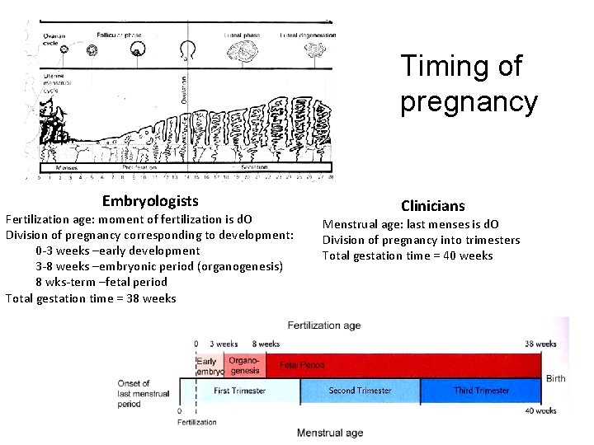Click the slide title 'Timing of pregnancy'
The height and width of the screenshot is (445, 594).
pos(469,84)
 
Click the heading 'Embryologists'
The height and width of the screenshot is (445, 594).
pos(150,201)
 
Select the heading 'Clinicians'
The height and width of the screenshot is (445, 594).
pos(433,206)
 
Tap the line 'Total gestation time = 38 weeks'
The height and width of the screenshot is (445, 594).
pos(91,298)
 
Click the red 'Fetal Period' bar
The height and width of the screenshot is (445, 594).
pos(396,364)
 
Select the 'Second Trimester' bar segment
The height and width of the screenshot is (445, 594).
pos(361,391)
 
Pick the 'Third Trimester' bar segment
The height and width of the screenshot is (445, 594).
pos(481,391)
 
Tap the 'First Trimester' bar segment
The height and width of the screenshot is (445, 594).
pos(239,391)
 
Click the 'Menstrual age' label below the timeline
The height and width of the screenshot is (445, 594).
pos(329,432)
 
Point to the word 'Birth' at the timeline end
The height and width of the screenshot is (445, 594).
pos(555,378)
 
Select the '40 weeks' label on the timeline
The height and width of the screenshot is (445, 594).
pos(540,410)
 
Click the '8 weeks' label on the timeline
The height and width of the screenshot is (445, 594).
pos(266,344)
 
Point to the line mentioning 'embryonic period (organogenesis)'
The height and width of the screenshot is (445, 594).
pos(159,266)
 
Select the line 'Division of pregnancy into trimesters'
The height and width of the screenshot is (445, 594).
pos(421,240)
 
